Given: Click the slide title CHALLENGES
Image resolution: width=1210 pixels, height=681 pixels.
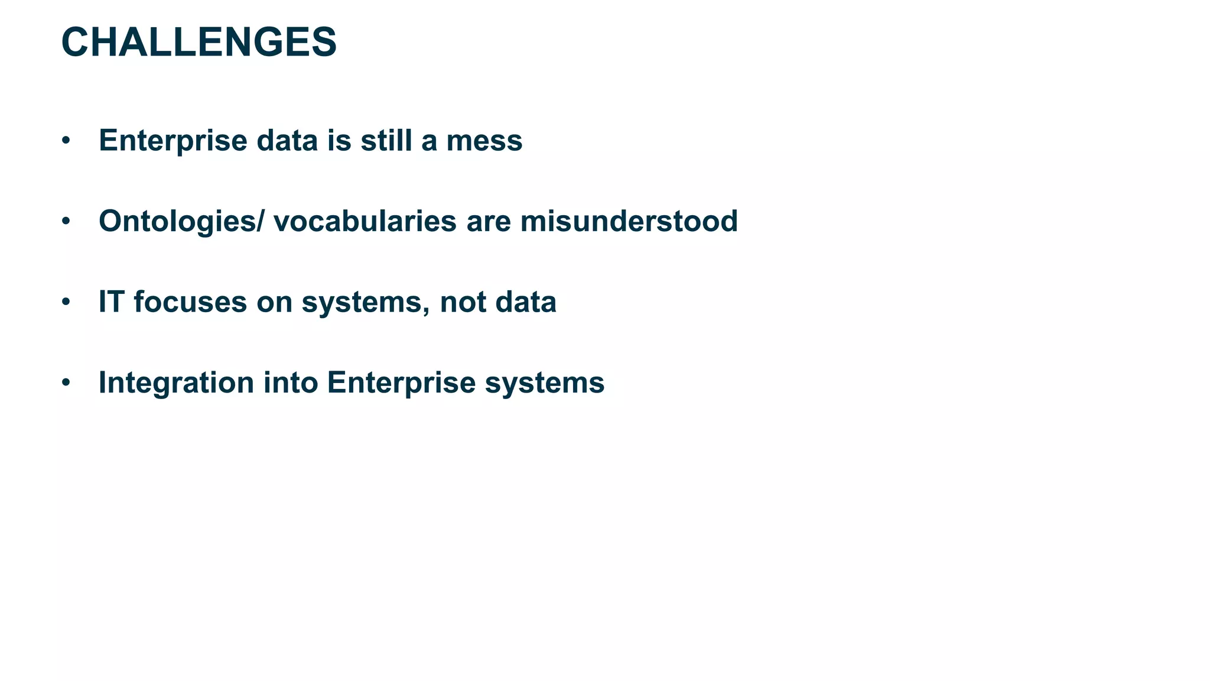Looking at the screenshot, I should (x=199, y=43).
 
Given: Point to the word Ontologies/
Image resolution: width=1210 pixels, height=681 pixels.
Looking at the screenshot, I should (x=182, y=222).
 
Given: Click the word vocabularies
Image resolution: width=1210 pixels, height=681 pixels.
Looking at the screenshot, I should (x=365, y=222).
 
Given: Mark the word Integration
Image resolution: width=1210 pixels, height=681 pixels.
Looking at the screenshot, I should (x=176, y=382).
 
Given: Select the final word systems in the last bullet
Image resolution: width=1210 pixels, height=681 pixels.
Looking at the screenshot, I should (x=544, y=382).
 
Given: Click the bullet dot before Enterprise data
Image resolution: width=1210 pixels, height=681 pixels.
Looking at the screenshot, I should (x=66, y=141).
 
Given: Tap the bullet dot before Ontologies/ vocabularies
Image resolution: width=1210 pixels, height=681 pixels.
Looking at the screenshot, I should (x=66, y=222).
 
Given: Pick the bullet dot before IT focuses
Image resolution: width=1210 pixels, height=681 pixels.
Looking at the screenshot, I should (x=66, y=302).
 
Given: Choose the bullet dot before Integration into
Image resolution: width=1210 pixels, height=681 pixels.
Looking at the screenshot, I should (x=66, y=382).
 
